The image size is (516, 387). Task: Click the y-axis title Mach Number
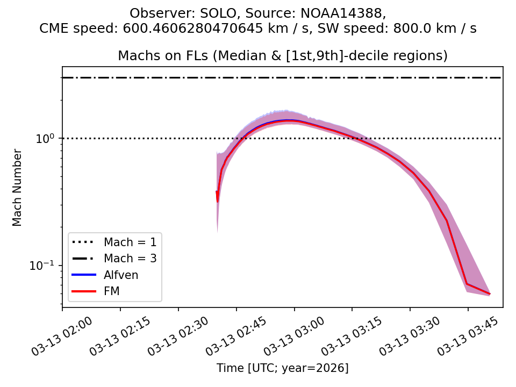tap(18, 188)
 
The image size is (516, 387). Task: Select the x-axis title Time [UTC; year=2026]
tap(282, 368)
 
